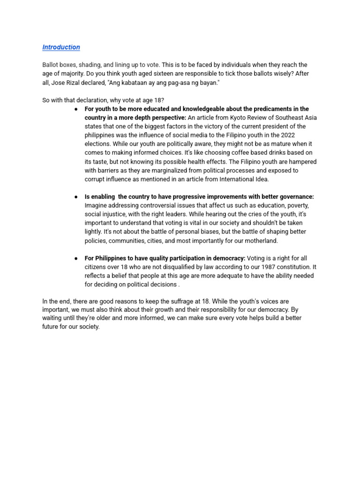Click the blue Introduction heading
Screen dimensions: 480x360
tap(61, 47)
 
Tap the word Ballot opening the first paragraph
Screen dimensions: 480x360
tap(51, 65)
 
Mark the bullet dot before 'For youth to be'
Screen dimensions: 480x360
tap(76, 109)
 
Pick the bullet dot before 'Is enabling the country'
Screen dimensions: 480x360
tap(76, 197)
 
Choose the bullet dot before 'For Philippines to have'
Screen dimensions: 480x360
tap(76, 258)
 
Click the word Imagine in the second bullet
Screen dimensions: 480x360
tap(96, 206)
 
